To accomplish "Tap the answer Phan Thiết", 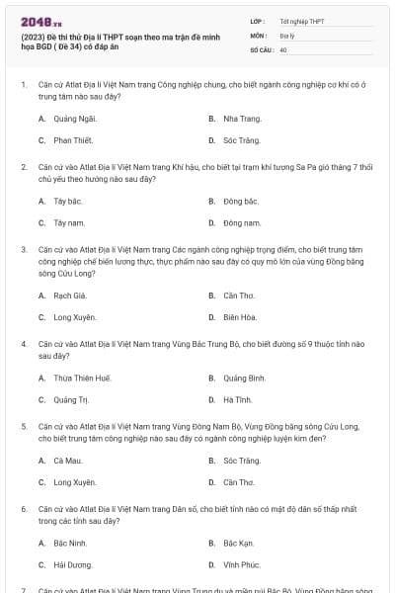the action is point(72,140).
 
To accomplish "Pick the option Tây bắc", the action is point(68,201).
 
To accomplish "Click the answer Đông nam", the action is point(241,223).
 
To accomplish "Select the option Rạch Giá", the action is point(70,295).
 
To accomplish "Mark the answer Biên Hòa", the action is point(239,317).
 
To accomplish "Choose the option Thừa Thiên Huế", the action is point(82,378).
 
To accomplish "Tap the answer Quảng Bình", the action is point(244,378).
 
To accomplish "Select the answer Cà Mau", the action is point(67,461).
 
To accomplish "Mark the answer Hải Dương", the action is point(73,565).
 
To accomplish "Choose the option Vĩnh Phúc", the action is point(242,565).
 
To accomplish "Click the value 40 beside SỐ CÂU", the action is point(283,49).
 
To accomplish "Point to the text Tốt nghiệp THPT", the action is point(301,20).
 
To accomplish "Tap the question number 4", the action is point(23,343).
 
